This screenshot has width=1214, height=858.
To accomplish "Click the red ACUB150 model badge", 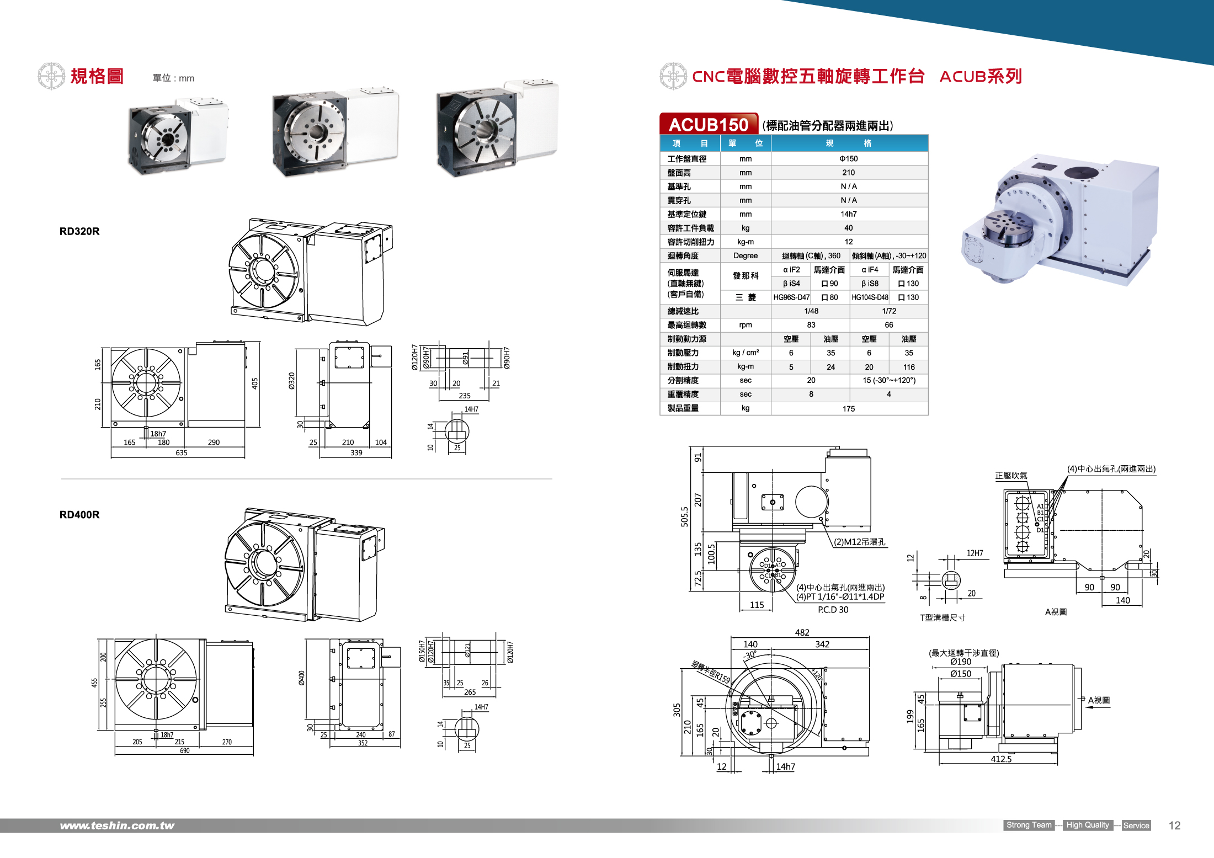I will point(709,125).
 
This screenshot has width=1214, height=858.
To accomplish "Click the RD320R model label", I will point(79,231).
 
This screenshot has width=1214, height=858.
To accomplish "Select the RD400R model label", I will point(79,515).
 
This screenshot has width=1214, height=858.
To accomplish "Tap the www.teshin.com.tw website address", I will point(117,825).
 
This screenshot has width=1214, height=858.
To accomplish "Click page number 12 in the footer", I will point(1174,825).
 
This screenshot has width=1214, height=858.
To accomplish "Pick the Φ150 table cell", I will point(849,159).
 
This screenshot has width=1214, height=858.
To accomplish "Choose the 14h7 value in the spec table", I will point(849,214).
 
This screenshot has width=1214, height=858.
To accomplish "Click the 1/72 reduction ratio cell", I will point(888,311).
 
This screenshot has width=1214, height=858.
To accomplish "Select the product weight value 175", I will point(849,409).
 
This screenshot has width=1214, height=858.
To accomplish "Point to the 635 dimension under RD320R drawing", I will point(182,453).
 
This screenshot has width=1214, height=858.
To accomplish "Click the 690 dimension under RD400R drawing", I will point(184,751).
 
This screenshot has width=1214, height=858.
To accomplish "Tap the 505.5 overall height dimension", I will point(685,516).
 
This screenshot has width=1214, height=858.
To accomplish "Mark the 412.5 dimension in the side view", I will point(1001,759).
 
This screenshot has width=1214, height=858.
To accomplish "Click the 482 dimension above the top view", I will point(802,633).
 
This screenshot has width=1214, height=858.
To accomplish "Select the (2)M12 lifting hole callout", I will point(859,542).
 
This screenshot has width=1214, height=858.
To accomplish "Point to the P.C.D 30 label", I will point(833,610).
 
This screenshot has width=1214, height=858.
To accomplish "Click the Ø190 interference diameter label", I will point(961,662).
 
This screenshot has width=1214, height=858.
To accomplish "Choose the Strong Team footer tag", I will point(1029,825).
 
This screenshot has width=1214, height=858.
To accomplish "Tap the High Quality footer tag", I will point(1087,825).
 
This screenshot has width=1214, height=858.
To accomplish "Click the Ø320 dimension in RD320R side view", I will point(292,381).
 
